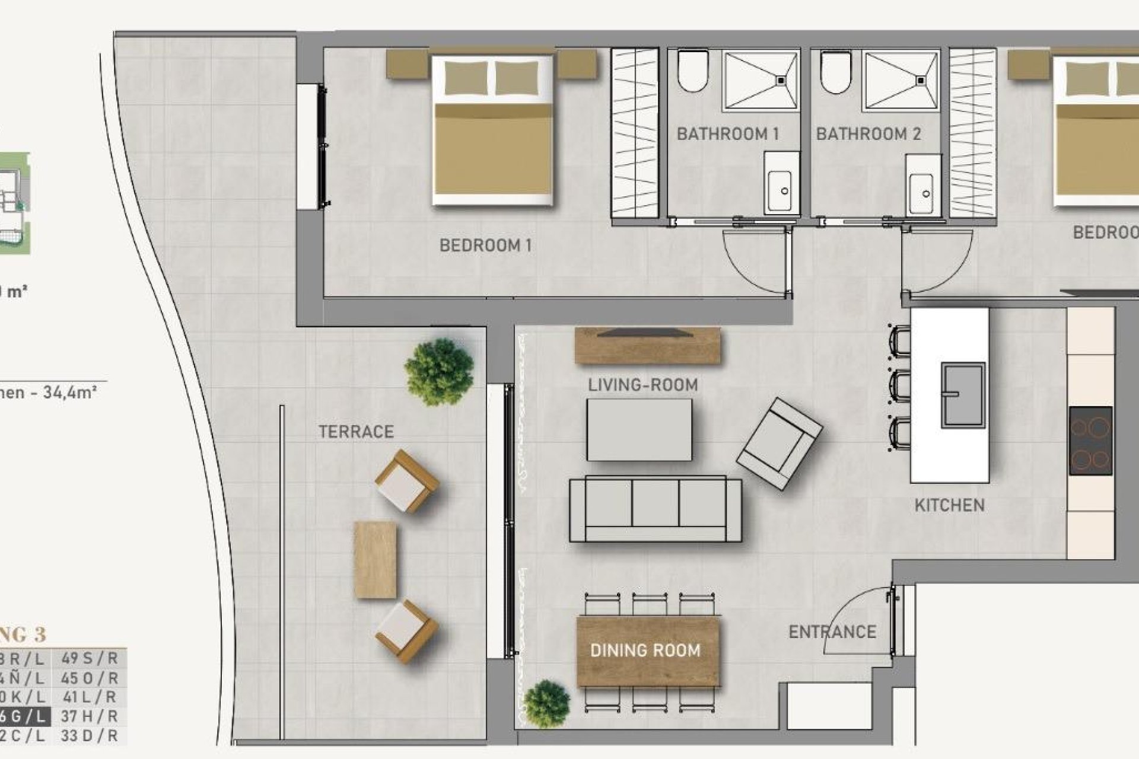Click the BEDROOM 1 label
click(x=485, y=245)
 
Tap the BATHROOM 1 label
click(x=727, y=134)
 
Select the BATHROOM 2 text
click(x=868, y=134)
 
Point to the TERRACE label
click(x=356, y=432)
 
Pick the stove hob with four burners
click(x=1090, y=441)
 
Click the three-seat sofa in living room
click(x=655, y=509)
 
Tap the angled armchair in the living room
click(x=779, y=444)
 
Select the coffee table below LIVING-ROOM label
click(x=639, y=430)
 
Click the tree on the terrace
click(x=439, y=372)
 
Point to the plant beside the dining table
click(x=547, y=704)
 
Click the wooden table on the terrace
click(x=375, y=560)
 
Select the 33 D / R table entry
click(x=89, y=736)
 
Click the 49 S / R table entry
click(x=89, y=658)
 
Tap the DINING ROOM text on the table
click(x=645, y=650)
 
